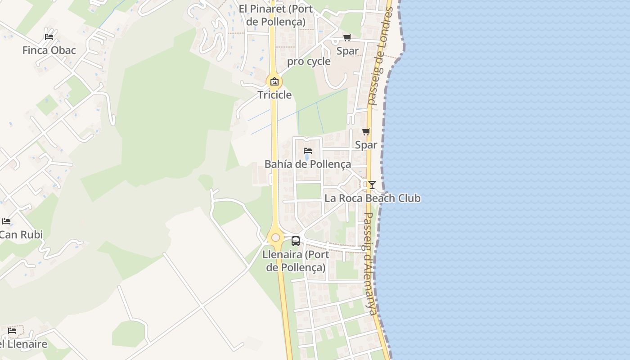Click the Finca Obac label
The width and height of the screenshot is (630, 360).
point(49,50)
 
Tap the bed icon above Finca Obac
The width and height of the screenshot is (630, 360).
point(49,36)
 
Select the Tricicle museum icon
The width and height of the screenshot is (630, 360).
point(274,82)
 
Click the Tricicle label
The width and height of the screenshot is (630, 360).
point(274,95)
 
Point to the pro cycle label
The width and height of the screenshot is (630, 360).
point(309,62)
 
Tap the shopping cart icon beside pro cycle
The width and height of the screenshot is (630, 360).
point(347,38)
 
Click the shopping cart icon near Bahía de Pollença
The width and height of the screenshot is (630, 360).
point(366,132)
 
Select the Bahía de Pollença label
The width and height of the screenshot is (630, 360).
point(307,164)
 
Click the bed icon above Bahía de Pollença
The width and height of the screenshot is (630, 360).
point(308,150)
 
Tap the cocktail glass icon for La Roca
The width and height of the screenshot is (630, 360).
point(372,184)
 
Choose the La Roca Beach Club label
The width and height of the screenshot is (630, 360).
point(372,198)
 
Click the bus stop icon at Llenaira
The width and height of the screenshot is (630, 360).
point(295,241)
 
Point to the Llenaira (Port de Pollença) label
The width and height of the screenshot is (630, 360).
point(296,261)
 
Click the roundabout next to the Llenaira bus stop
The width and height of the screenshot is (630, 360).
point(275,237)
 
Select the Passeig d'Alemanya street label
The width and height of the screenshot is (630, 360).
point(370,263)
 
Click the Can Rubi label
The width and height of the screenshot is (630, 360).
point(21,234)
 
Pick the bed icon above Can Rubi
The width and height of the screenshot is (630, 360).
point(6,221)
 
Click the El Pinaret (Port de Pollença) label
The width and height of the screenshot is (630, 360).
point(272,15)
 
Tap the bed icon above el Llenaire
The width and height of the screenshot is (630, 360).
point(12,331)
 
